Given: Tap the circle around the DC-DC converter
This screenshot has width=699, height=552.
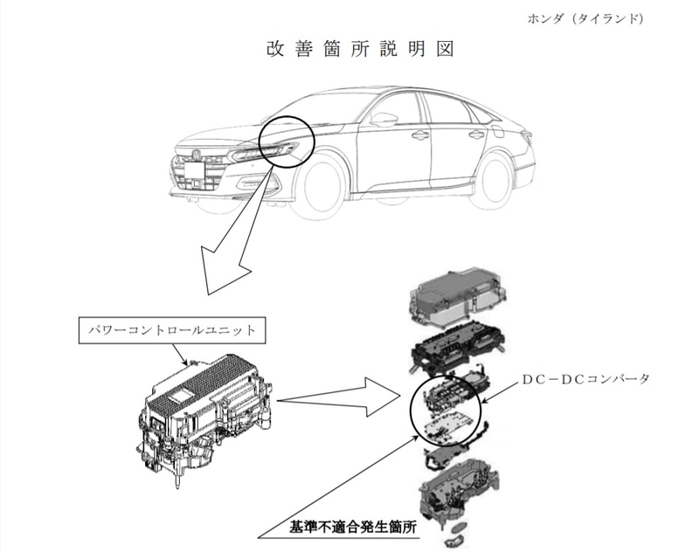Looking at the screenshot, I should (446, 411).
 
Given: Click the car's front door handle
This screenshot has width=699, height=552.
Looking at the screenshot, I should (420, 135).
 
